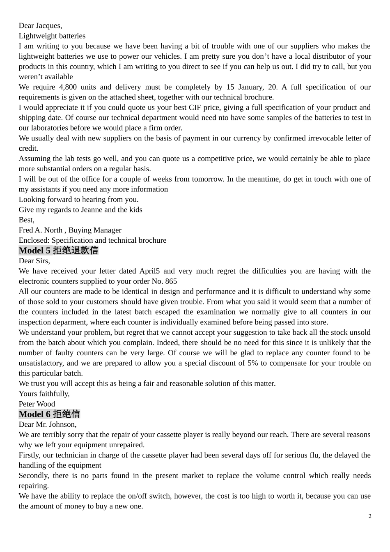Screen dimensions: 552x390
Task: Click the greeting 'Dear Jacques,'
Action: pyautogui.click(x=40, y=25)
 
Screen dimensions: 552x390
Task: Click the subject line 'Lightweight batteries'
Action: pyautogui.click(x=52, y=36)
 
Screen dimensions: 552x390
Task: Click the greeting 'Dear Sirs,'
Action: pyautogui.click(x=34, y=261)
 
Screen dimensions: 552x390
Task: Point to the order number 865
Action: pyautogui.click(x=171, y=281)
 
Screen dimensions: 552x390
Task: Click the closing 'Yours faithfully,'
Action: pyautogui.click(x=44, y=394)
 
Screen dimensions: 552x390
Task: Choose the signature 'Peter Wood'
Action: pyautogui.click(x=37, y=404)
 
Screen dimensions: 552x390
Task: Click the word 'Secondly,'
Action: pyautogui.click(x=34, y=476)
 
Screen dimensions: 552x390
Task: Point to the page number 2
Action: pyautogui.click(x=370, y=516)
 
